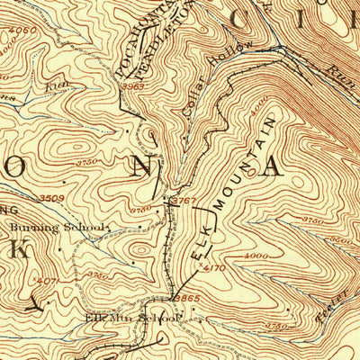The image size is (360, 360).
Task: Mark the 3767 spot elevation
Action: tap(184, 200)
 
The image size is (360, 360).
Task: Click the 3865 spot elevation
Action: tap(186, 297)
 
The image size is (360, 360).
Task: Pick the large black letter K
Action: tap(18, 249)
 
